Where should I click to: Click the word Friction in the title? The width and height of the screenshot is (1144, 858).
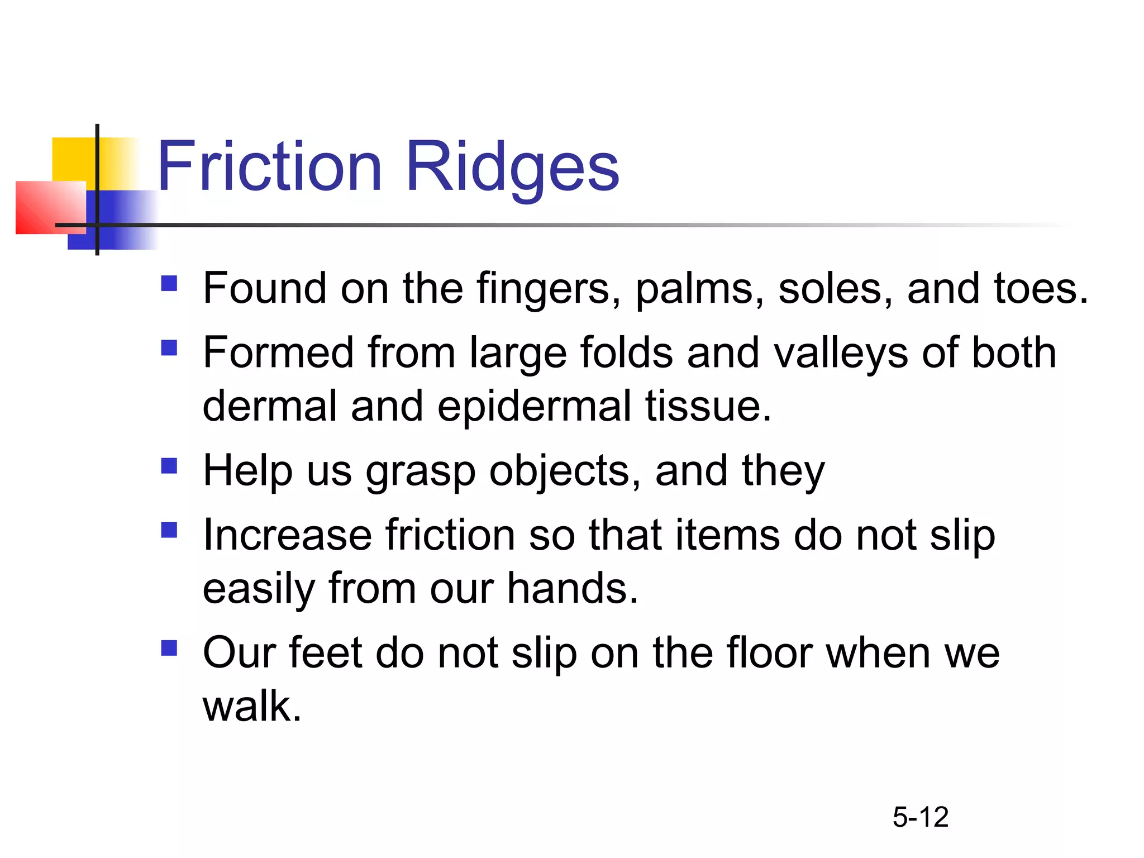[270, 166]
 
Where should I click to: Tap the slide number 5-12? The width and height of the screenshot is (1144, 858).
[920, 817]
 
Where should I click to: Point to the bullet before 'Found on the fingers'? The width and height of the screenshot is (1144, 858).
[169, 284]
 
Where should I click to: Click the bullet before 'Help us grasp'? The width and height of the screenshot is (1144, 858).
[169, 466]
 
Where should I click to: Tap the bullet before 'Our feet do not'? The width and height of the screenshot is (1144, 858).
[169, 648]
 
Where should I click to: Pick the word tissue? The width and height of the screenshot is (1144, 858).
[708, 406]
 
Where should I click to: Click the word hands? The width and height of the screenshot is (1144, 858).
[572, 588]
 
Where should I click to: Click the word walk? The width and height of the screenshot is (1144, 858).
[251, 706]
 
